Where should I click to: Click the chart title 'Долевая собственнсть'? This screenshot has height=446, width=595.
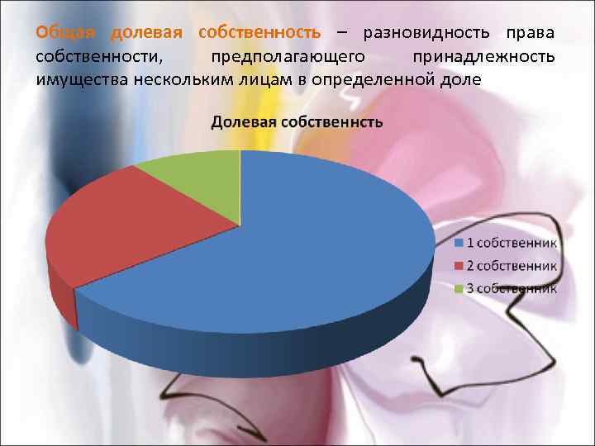click(297, 123)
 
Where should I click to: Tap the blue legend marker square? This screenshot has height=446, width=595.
click(459, 244)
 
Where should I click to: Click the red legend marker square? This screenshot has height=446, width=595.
click(459, 266)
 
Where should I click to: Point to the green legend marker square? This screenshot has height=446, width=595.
click(459, 288)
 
